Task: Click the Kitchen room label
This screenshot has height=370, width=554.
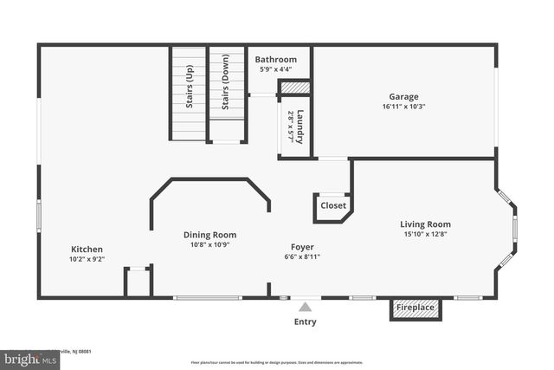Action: (x=87, y=249)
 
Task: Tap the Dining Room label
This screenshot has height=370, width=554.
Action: (x=209, y=235)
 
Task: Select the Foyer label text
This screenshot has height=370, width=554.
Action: (x=302, y=245)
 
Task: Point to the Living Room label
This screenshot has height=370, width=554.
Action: (x=425, y=224)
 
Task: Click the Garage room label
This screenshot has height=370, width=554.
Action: (x=404, y=97)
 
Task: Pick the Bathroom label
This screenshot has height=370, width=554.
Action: (x=275, y=60)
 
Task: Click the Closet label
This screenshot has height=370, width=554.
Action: (x=333, y=206)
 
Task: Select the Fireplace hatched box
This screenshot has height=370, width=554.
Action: (x=415, y=308)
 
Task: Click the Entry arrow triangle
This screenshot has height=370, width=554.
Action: (x=305, y=306)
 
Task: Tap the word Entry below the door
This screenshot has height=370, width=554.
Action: (x=305, y=322)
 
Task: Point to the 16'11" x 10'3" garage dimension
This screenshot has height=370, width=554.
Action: (x=404, y=107)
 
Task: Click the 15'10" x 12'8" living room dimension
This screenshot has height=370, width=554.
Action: (x=425, y=235)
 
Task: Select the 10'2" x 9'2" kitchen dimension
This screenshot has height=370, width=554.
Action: (x=87, y=259)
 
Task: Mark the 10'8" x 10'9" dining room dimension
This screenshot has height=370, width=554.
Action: (x=209, y=245)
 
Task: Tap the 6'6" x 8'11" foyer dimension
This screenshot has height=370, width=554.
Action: (x=302, y=256)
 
